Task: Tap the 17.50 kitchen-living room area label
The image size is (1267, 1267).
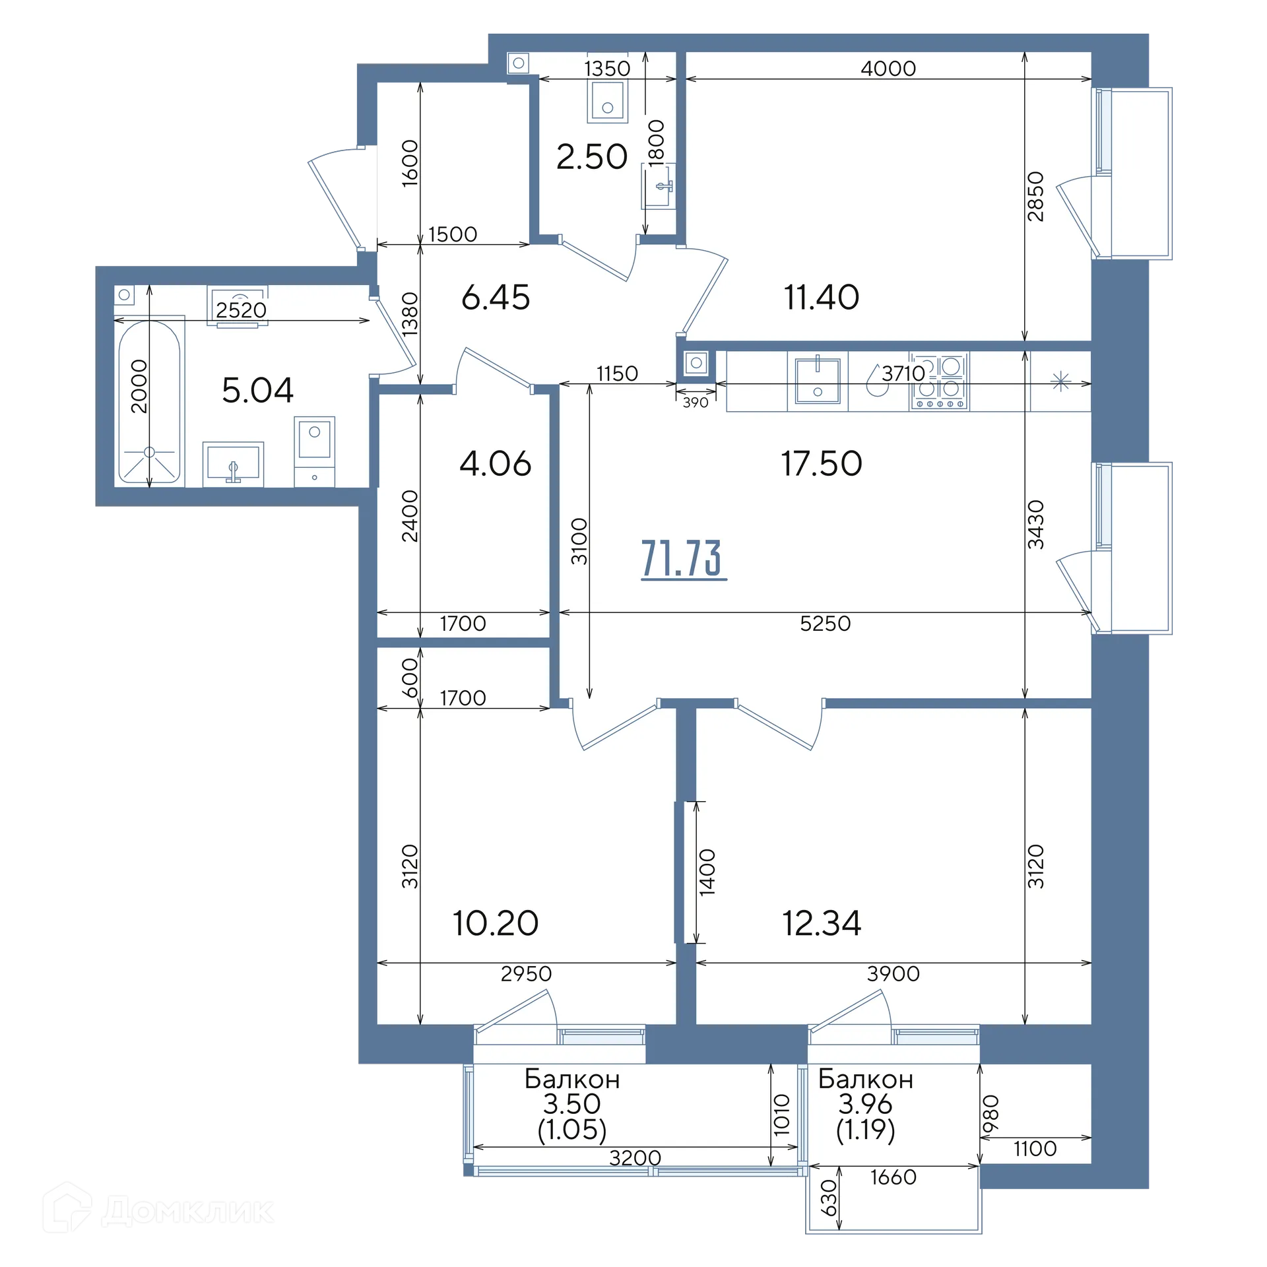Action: click(x=822, y=463)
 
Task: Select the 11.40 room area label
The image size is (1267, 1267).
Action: click(x=822, y=297)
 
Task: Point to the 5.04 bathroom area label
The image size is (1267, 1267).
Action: click(x=257, y=390)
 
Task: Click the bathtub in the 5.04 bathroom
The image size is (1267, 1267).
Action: click(x=149, y=402)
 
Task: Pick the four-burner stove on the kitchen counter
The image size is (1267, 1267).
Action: click(x=939, y=381)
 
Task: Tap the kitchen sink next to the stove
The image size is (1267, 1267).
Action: click(x=818, y=381)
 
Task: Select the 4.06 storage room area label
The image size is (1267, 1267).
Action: click(x=495, y=463)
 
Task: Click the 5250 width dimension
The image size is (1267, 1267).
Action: click(x=825, y=624)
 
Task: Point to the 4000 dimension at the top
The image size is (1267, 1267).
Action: click(x=888, y=69)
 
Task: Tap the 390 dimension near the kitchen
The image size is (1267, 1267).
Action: click(x=696, y=403)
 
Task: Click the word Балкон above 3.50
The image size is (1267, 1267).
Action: click(x=572, y=1079)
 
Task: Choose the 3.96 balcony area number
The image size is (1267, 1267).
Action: click(x=865, y=1103)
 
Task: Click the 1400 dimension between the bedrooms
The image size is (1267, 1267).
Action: click(x=707, y=872)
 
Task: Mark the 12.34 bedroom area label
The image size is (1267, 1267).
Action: click(x=822, y=923)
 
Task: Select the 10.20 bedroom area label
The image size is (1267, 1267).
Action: click(x=496, y=923)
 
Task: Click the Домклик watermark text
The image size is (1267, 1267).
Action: click(x=187, y=1211)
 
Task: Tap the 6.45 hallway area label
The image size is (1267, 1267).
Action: click(x=496, y=298)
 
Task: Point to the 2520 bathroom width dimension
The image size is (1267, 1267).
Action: click(x=241, y=310)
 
